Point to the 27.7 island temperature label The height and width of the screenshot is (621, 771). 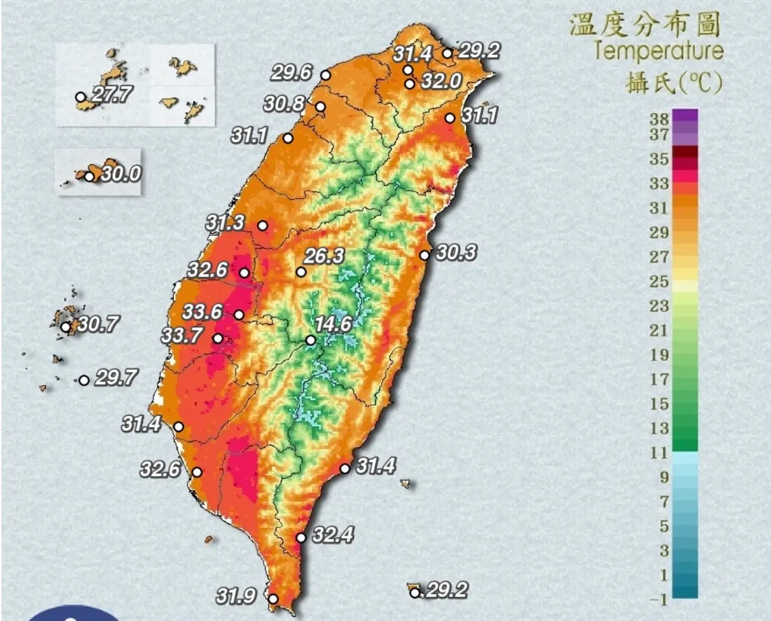tap(112, 94)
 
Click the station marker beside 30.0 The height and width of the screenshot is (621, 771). tap(89, 176)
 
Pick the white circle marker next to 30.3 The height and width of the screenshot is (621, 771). tap(425, 255)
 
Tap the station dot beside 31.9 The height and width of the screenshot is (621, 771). tap(273, 599)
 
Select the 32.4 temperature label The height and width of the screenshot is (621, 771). tap(332, 534)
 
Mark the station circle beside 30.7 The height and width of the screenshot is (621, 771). tap(66, 327)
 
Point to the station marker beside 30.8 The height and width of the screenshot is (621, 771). tap(320, 107)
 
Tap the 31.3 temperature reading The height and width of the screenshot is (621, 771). tap(225, 222)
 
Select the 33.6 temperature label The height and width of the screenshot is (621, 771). tap(202, 312)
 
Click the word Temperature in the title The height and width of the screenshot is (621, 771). tap(658, 51)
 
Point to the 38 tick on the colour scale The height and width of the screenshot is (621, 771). tap(659, 117)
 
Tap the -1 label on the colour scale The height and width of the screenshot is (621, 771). tap(659, 600)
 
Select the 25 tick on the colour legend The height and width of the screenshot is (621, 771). tap(659, 281)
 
